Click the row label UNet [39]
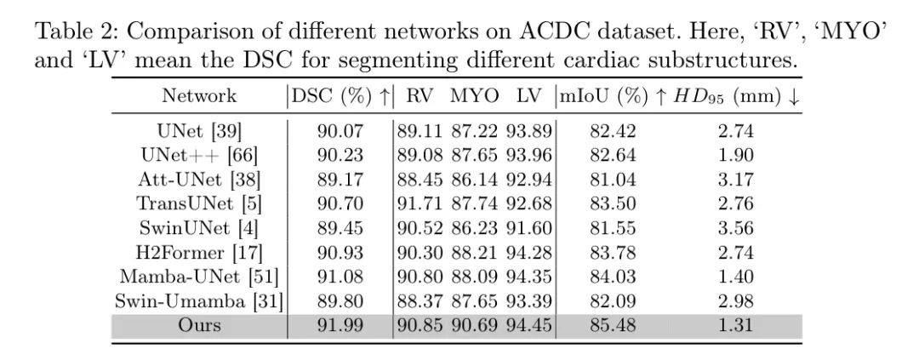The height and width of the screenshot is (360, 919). [x=200, y=132]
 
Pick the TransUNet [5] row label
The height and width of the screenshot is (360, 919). [x=198, y=204]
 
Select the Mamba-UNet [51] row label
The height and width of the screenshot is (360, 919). [x=199, y=277]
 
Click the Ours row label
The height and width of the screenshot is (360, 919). [x=199, y=325]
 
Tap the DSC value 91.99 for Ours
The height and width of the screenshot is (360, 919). [x=340, y=325]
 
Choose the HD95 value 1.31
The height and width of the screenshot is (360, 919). [x=736, y=325]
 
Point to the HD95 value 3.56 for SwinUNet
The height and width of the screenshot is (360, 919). [x=736, y=228]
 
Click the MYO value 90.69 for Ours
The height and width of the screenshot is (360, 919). [x=475, y=325]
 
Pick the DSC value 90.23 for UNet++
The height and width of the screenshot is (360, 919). [x=340, y=156]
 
